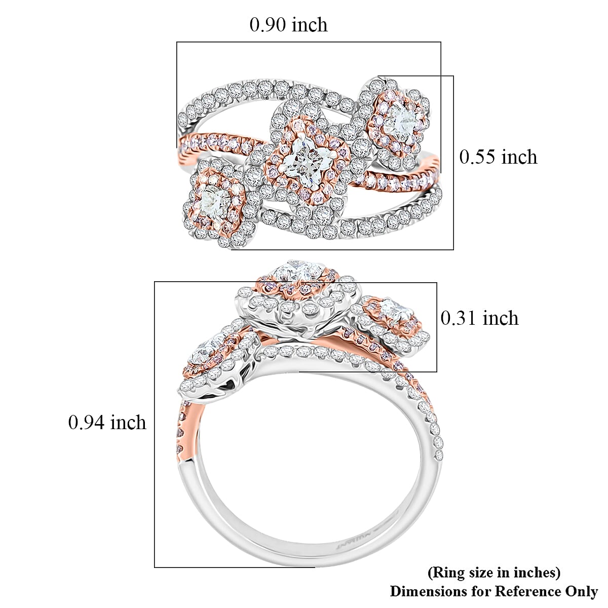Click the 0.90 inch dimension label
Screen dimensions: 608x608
[x=288, y=25]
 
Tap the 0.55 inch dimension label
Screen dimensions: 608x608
[x=498, y=157]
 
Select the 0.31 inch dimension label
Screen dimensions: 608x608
[x=479, y=318]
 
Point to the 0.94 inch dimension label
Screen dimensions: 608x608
[x=107, y=422]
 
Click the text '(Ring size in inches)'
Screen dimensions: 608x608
[x=494, y=573]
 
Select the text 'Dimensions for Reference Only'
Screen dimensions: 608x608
[x=494, y=591]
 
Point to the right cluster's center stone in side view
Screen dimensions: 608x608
[x=394, y=308]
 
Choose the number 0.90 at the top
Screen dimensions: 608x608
[x=268, y=25]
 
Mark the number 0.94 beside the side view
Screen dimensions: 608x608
[x=87, y=422]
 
